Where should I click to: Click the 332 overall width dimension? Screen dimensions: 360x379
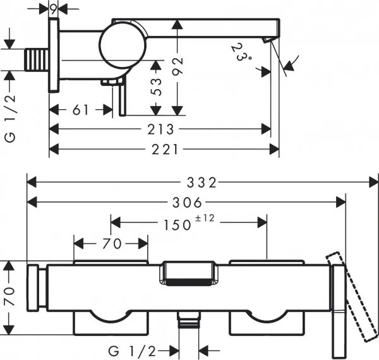(x=202, y=183)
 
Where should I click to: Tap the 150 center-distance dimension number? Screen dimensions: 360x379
(x=177, y=224)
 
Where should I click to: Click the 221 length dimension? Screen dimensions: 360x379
(x=167, y=150)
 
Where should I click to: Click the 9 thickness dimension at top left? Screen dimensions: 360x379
(x=54, y=8)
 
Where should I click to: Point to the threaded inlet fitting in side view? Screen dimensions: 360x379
(x=40, y=60)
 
